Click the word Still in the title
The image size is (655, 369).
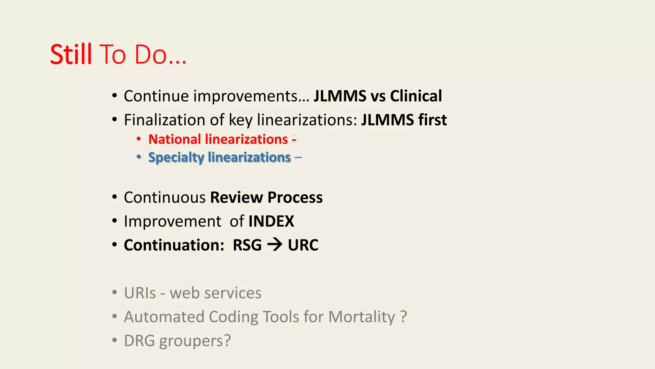[71, 54]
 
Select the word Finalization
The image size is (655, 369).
[164, 120]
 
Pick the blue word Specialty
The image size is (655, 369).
[176, 158]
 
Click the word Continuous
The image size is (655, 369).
[164, 197]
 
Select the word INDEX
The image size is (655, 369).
[271, 221]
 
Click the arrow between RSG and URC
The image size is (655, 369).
[275, 245]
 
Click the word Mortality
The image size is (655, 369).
[362, 317]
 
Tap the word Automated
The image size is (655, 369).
[164, 317]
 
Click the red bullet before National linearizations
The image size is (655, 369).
[138, 139]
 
